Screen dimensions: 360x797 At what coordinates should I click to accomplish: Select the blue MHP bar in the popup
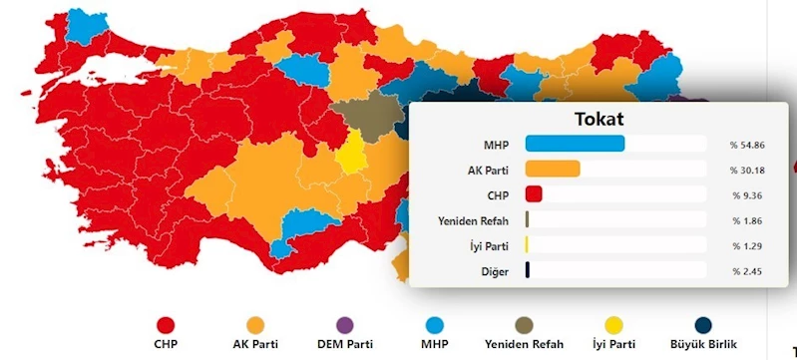tap(575, 144)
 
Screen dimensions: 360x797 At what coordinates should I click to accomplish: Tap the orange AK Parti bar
tap(553, 169)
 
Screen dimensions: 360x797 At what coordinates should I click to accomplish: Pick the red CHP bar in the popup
tap(533, 193)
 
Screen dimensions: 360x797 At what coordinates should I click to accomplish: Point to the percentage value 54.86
tap(750, 145)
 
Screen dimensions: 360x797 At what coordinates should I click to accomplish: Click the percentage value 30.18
tap(750, 170)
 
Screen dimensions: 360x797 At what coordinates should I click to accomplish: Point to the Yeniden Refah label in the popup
tap(475, 219)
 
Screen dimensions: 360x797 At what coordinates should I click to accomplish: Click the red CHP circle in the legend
tap(167, 324)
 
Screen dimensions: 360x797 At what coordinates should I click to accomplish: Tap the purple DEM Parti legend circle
tap(345, 324)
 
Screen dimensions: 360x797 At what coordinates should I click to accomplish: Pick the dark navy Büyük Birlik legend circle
tap(703, 324)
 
